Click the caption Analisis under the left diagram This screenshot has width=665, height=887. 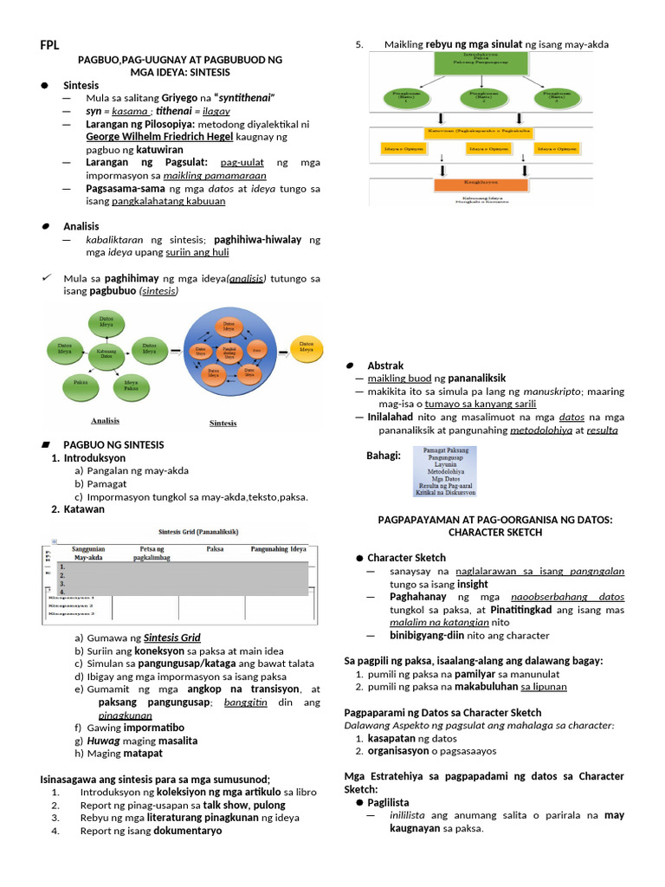[x=105, y=420]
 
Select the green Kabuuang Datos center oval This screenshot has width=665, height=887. [x=106, y=353]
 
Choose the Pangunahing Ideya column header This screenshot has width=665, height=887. [x=279, y=549]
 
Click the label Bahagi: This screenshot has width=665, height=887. [x=383, y=456]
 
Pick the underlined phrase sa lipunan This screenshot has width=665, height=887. [x=543, y=687]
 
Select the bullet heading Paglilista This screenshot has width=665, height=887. [x=388, y=803]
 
